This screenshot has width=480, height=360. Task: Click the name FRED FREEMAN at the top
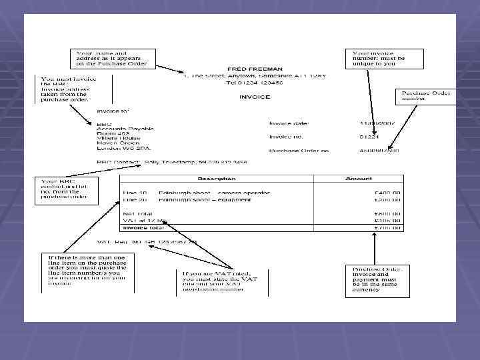[255, 69]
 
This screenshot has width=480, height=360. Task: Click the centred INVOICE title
[255, 97]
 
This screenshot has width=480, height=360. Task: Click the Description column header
[217, 179]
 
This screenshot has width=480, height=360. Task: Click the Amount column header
[359, 179]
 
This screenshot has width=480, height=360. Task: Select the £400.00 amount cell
[387, 193]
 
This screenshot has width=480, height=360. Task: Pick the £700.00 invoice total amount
[387, 228]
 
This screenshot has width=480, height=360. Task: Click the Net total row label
[138, 213]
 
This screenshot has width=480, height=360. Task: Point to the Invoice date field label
[289, 123]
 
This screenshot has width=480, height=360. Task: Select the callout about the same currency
[375, 279]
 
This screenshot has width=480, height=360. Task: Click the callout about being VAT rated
[219, 281]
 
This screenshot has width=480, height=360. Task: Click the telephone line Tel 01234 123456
[254, 83]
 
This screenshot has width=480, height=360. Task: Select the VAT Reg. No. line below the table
[147, 241]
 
